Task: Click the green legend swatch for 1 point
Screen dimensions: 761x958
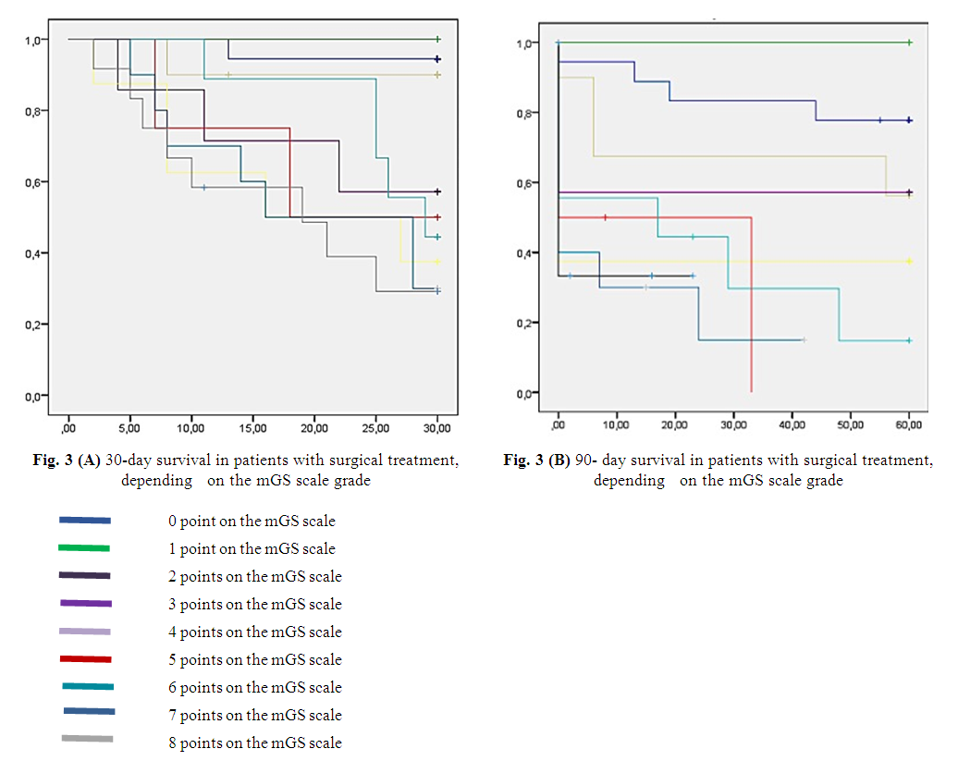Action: click(x=83, y=548)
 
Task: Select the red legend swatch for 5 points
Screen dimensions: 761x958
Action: click(x=85, y=659)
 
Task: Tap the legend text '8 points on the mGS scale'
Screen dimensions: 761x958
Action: click(x=254, y=743)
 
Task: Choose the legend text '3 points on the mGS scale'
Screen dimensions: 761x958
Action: click(x=254, y=604)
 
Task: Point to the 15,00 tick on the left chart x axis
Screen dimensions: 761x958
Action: click(x=252, y=428)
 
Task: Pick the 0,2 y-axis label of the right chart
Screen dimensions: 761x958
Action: click(x=526, y=324)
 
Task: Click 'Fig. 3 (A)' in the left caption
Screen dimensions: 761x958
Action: click(x=71, y=460)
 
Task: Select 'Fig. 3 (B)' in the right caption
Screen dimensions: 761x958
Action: click(x=537, y=460)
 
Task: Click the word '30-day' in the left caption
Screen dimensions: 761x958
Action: click(x=128, y=460)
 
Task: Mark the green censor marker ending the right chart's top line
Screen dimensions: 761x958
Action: click(x=910, y=43)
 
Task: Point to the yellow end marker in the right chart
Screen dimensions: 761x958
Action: click(x=910, y=262)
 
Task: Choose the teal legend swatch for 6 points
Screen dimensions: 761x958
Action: click(x=88, y=686)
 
